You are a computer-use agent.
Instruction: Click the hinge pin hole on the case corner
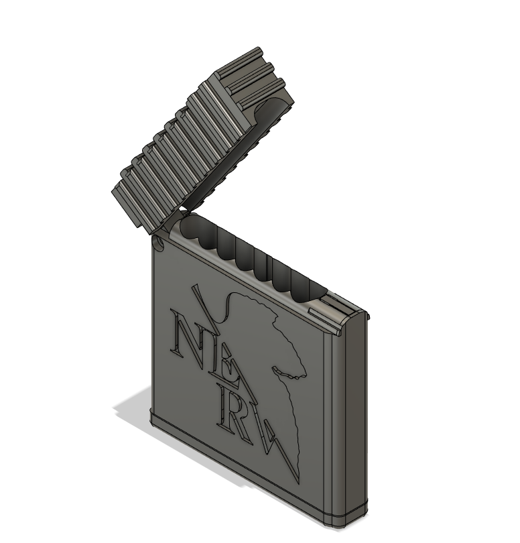[159, 242]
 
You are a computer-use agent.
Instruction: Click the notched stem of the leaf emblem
[288, 372]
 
